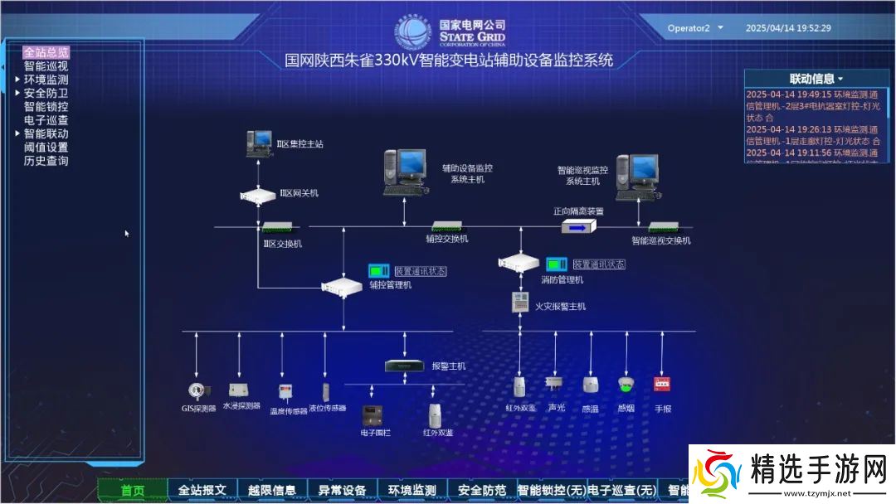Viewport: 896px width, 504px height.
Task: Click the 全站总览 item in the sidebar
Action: pyautogui.click(x=46, y=52)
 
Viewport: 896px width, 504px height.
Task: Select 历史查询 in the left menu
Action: pyautogui.click(x=46, y=161)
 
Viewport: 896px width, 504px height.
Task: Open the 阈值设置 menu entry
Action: pyautogui.click(x=46, y=148)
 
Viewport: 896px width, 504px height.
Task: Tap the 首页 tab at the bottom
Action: pyautogui.click(x=133, y=490)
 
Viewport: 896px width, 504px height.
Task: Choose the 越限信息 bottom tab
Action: pyautogui.click(x=272, y=490)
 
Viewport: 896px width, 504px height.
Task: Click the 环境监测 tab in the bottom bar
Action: pyautogui.click(x=412, y=490)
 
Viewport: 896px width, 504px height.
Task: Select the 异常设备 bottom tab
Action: pyautogui.click(x=342, y=490)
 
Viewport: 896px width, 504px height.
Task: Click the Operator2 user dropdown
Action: pyautogui.click(x=695, y=28)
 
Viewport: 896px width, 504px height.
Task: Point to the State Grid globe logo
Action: pyautogui.click(x=414, y=32)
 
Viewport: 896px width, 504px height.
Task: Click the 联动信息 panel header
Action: pyautogui.click(x=816, y=79)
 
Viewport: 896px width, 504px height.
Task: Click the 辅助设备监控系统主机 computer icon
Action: pyautogui.click(x=407, y=172)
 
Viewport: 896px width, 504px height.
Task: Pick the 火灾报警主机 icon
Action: pyautogui.click(x=520, y=303)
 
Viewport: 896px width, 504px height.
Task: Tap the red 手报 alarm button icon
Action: pyautogui.click(x=662, y=385)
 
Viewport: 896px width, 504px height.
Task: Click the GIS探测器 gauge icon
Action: pyautogui.click(x=197, y=390)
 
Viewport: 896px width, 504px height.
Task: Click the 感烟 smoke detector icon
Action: pyautogui.click(x=626, y=385)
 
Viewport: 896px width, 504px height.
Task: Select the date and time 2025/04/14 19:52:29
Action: pyautogui.click(x=787, y=28)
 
